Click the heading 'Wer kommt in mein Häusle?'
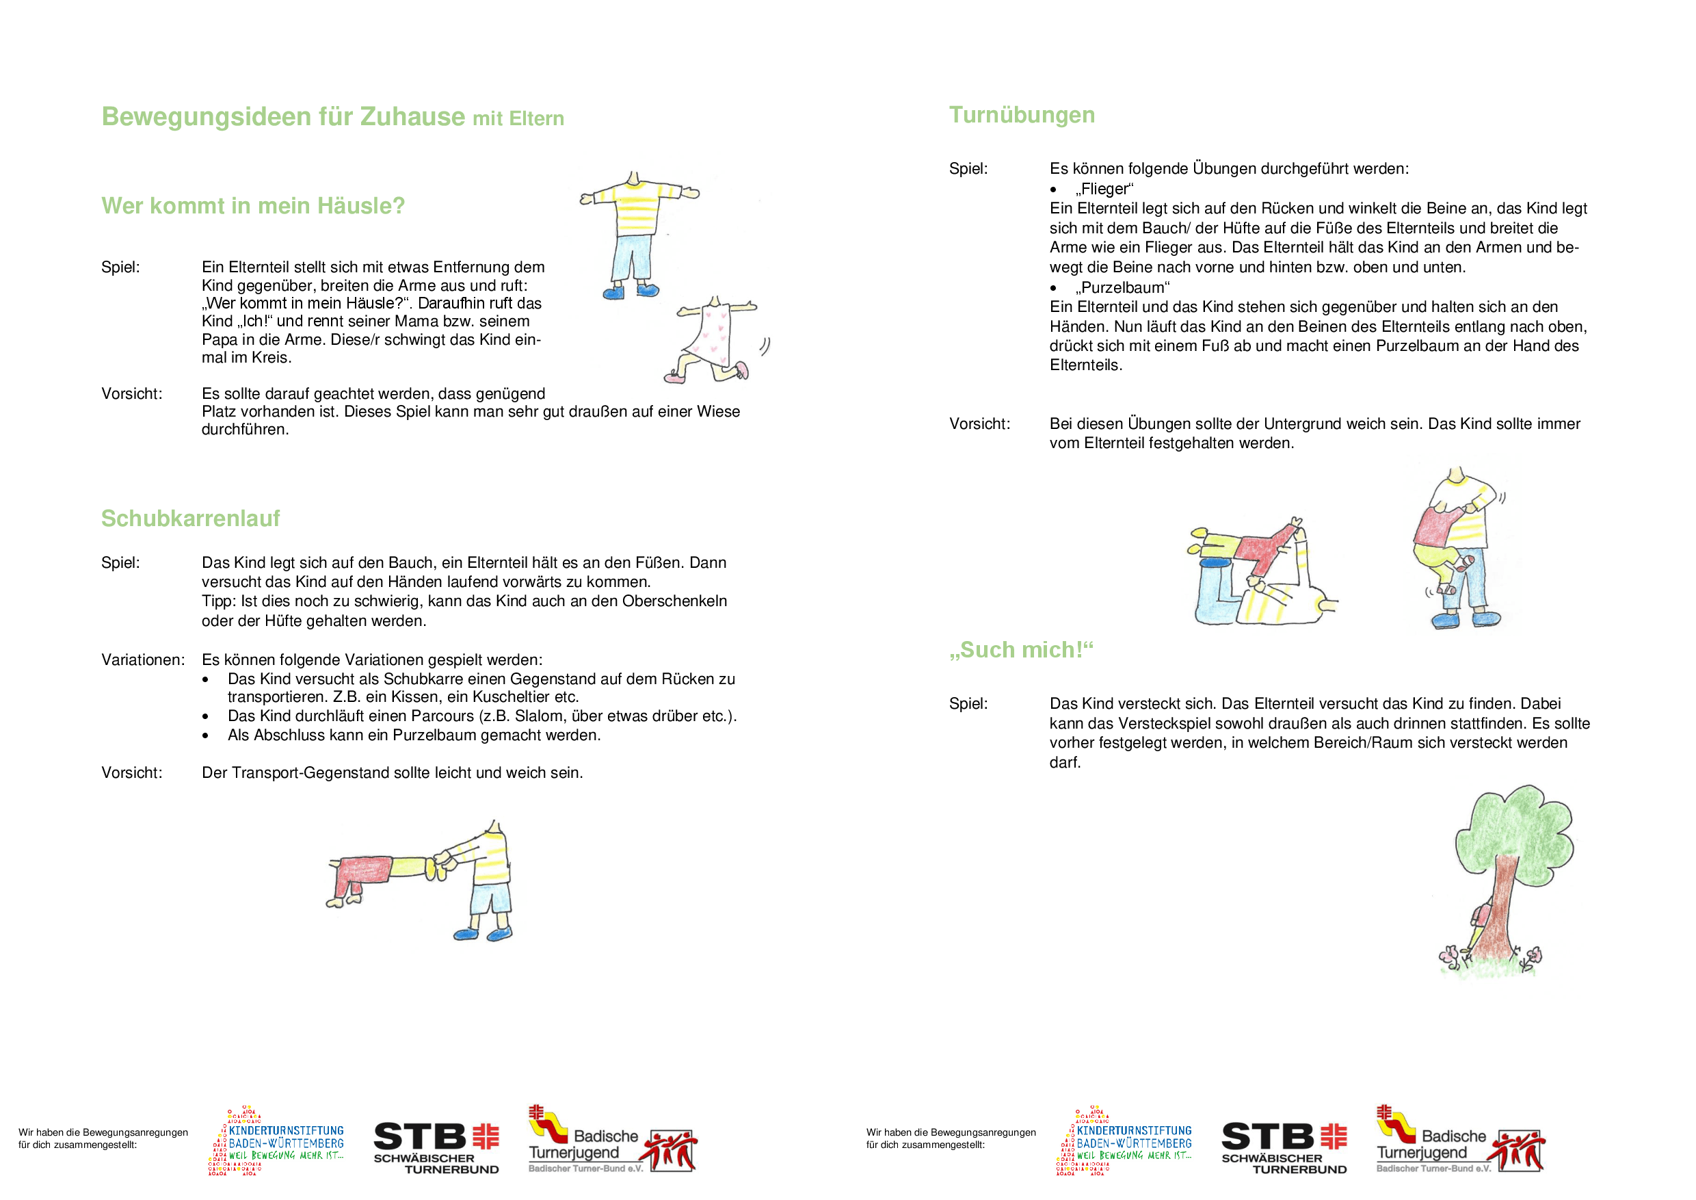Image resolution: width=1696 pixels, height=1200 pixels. pyautogui.click(x=252, y=205)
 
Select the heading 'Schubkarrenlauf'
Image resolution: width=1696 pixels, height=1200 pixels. pyautogui.click(x=191, y=519)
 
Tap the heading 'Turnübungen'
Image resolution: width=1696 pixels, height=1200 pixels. pyautogui.click(x=1022, y=115)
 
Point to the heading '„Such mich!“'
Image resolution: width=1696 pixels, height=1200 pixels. pyautogui.click(x=1021, y=650)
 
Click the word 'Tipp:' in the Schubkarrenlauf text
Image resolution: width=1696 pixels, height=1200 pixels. pyautogui.click(x=220, y=601)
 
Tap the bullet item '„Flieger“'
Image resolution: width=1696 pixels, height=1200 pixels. pyautogui.click(x=1104, y=189)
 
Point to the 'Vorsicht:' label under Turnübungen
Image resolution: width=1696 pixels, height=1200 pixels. pyautogui.click(x=979, y=424)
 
